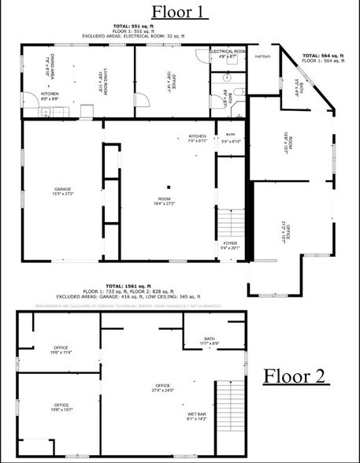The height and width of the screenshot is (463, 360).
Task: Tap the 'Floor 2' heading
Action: tap(294, 376)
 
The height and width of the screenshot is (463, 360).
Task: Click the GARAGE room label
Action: tap(62, 190)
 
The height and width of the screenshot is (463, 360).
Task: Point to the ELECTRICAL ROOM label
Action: tap(228, 53)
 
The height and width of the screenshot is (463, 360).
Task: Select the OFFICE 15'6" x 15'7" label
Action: tap(61, 407)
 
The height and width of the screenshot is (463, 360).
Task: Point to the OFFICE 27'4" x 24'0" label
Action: tap(162, 387)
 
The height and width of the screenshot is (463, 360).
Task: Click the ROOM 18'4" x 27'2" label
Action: tap(165, 201)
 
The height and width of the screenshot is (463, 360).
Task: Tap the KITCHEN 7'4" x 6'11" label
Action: tap(197, 138)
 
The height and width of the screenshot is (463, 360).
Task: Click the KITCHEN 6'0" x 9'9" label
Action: tap(50, 96)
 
